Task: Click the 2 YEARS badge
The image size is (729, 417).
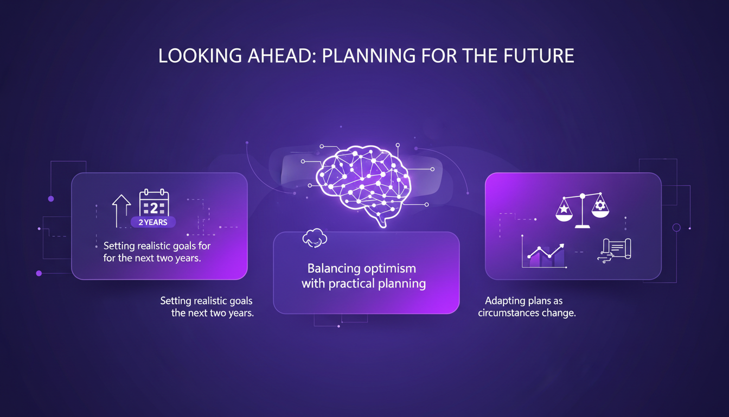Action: click(153, 222)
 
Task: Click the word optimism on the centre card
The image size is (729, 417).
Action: click(390, 269)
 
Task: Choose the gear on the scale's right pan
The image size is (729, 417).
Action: click(599, 205)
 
